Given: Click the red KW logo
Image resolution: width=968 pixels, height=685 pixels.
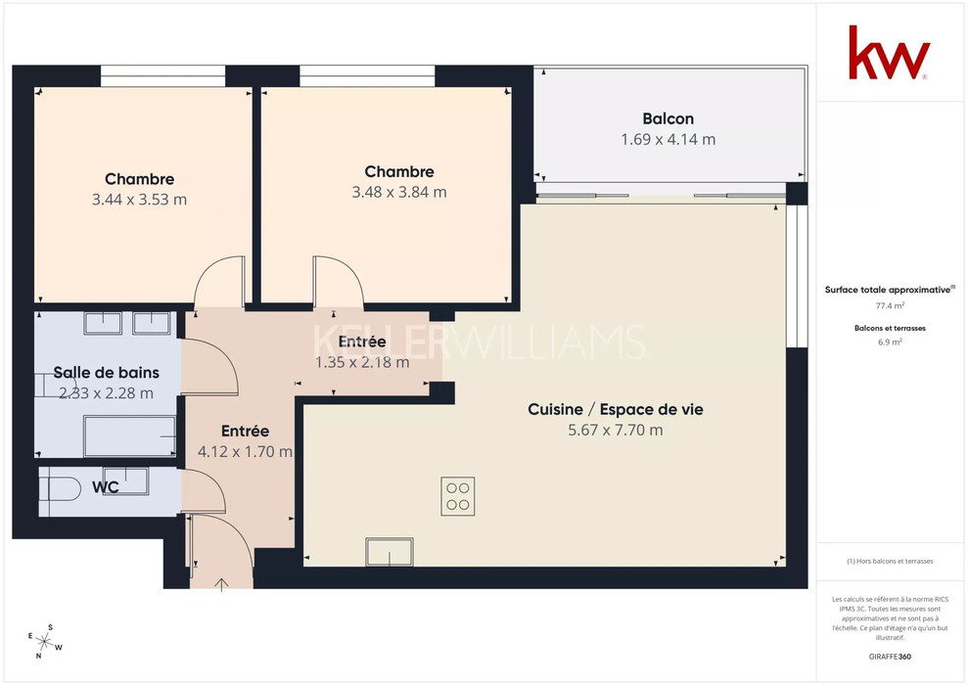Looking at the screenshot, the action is point(889,53).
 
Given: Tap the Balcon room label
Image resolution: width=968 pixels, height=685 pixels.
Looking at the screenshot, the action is point(668,118).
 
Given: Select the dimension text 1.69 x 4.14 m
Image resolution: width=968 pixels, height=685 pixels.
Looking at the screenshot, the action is point(668,140).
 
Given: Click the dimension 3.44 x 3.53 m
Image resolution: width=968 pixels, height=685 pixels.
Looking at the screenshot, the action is point(140,200).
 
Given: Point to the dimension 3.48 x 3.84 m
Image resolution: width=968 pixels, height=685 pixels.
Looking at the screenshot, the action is point(399,193).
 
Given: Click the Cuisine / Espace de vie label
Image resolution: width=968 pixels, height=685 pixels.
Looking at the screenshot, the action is point(616,409).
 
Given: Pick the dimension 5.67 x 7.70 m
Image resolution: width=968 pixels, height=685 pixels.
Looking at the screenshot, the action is point(616,431).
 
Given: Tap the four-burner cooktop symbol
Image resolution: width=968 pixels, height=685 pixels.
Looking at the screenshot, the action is point(458,496).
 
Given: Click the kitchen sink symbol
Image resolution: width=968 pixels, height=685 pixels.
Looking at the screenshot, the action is point(390,552).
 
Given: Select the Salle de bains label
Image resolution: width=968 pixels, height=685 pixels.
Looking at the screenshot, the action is point(106,373).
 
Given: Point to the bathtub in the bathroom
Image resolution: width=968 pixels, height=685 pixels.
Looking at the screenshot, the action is point(129,436).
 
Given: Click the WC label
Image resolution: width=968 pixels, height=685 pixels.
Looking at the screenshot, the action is point(106,487).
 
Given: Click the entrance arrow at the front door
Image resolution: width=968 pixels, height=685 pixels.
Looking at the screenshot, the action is point(221,585).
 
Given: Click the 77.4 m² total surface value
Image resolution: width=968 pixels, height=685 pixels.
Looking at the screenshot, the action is point(891,305).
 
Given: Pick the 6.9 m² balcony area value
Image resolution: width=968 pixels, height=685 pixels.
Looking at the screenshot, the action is point(891,342).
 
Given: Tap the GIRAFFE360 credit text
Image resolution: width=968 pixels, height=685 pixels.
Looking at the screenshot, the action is point(890,657).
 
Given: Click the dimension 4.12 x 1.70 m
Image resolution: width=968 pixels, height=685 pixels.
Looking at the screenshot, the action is point(245,452).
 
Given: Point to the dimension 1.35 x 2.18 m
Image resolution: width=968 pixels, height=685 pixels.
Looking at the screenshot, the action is point(362,362).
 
